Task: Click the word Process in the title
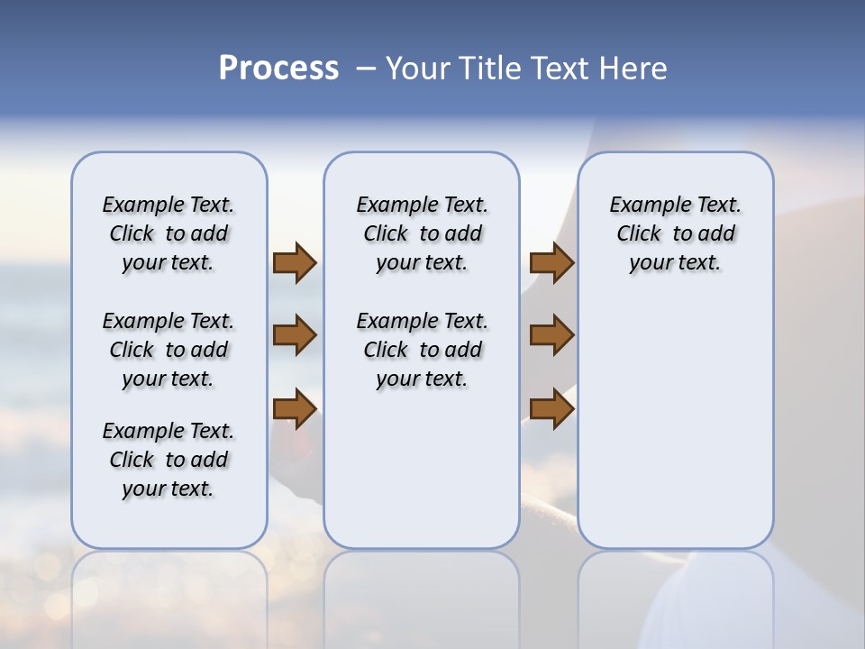[278, 68]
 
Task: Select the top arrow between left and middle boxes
[294, 262]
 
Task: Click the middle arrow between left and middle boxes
[294, 335]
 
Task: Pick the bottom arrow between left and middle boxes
[294, 408]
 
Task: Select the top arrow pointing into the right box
[551, 262]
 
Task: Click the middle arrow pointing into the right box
[551, 335]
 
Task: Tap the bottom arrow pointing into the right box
[551, 408]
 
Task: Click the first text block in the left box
[168, 233]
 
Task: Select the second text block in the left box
[168, 350]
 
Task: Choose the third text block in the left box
[168, 460]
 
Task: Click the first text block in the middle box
[422, 233]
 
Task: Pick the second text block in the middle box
[422, 350]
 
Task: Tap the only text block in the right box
[675, 233]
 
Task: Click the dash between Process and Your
[365, 69]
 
